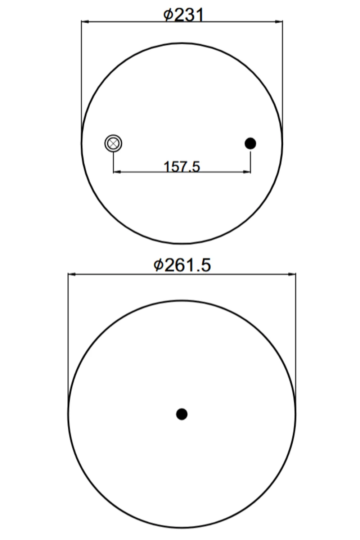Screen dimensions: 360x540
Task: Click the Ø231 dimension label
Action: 183,15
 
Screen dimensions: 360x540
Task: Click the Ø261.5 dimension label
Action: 182,265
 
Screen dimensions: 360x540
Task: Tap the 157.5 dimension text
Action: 182,167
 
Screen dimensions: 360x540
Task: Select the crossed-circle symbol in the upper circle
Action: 113,143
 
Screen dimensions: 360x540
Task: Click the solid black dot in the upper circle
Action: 250,143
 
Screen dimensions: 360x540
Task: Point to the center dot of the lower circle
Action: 182,414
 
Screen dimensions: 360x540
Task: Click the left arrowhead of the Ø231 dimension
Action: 85,22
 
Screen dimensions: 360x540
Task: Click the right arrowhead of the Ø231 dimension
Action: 279,22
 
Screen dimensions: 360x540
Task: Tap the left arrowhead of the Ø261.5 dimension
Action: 72,274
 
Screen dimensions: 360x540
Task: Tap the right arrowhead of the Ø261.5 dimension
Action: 292,274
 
